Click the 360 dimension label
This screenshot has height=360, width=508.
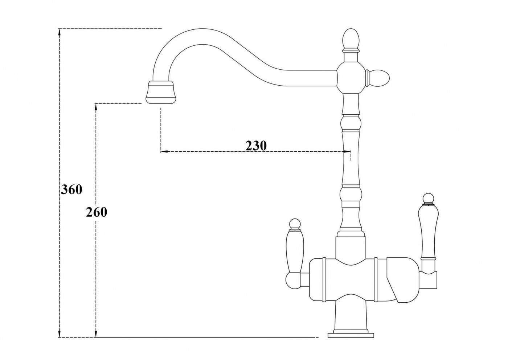71,189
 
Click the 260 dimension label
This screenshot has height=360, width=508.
97,212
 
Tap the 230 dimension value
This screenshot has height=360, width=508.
256,146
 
